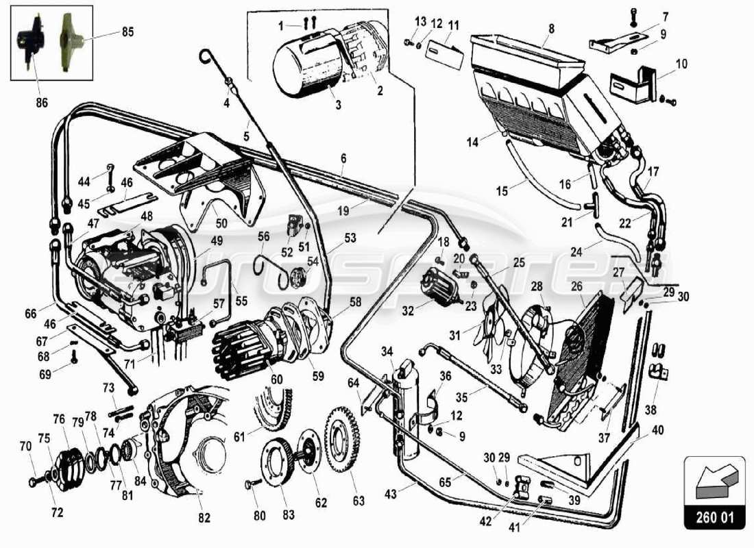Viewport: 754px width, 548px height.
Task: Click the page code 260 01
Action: pyautogui.click(x=714, y=517)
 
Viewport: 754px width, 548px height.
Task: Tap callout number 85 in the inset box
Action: pyautogui.click(x=128, y=32)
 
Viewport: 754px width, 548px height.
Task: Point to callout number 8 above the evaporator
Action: pyautogui.click(x=550, y=29)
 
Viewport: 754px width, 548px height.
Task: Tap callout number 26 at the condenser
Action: pyautogui.click(x=577, y=286)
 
